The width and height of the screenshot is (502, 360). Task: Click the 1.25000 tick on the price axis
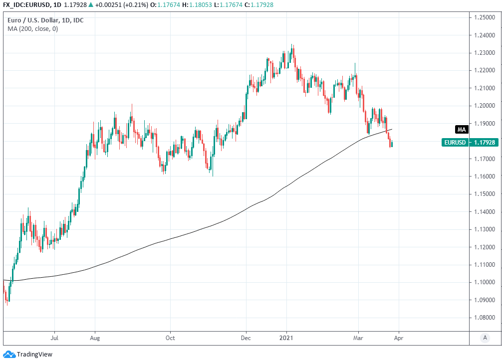486,17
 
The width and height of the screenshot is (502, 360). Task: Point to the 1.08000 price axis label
486,317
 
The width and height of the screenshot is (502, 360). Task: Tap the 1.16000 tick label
486,177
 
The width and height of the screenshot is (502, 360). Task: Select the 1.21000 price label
486,88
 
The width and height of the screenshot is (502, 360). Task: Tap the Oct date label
170,338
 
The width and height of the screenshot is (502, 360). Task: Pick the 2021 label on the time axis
286,338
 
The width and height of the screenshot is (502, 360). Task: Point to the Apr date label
399,338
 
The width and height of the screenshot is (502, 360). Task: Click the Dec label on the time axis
247,338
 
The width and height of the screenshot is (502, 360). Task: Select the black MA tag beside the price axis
462,130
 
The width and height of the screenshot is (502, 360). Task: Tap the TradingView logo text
35,355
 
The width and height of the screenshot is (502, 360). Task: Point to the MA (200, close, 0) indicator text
32,29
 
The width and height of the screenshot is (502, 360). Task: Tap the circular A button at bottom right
485,338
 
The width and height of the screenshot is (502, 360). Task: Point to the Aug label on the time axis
95,338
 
